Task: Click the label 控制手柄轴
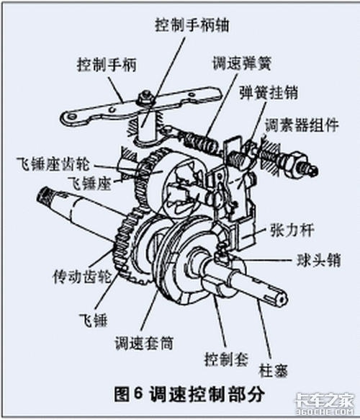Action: (x=192, y=25)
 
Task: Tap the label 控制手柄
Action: (x=107, y=65)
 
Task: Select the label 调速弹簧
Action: (x=242, y=63)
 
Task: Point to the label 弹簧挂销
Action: (x=269, y=92)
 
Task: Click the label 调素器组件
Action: (x=302, y=125)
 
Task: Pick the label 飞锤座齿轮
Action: (x=53, y=164)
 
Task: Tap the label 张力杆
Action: (x=292, y=230)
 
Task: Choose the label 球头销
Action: (x=318, y=259)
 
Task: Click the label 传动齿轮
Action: (x=82, y=276)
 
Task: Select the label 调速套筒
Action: (x=144, y=343)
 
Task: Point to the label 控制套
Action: (x=226, y=359)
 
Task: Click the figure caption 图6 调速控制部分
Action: (x=189, y=394)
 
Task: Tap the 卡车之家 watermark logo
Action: (x=324, y=403)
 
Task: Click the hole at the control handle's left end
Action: (x=71, y=117)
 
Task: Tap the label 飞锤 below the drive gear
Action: (x=93, y=320)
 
